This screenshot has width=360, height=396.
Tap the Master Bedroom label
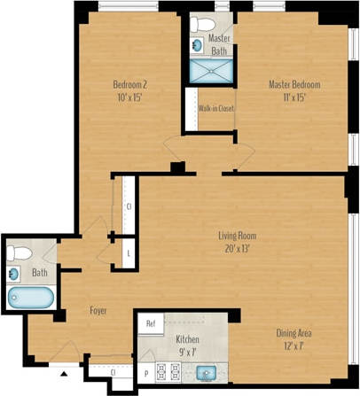[294, 85]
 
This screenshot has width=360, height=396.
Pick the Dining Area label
[293, 333]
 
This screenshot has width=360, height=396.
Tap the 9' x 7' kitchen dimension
[186, 352]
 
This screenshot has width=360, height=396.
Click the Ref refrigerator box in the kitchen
[152, 324]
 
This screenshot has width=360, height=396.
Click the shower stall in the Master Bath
[212, 71]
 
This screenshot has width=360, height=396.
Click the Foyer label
[99, 311]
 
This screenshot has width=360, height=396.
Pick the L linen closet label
[129, 253]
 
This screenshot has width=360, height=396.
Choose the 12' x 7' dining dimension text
[293, 346]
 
